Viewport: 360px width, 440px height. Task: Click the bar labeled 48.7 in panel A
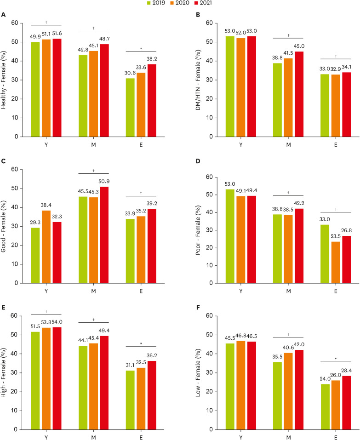pyautogui.click(x=104, y=90)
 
